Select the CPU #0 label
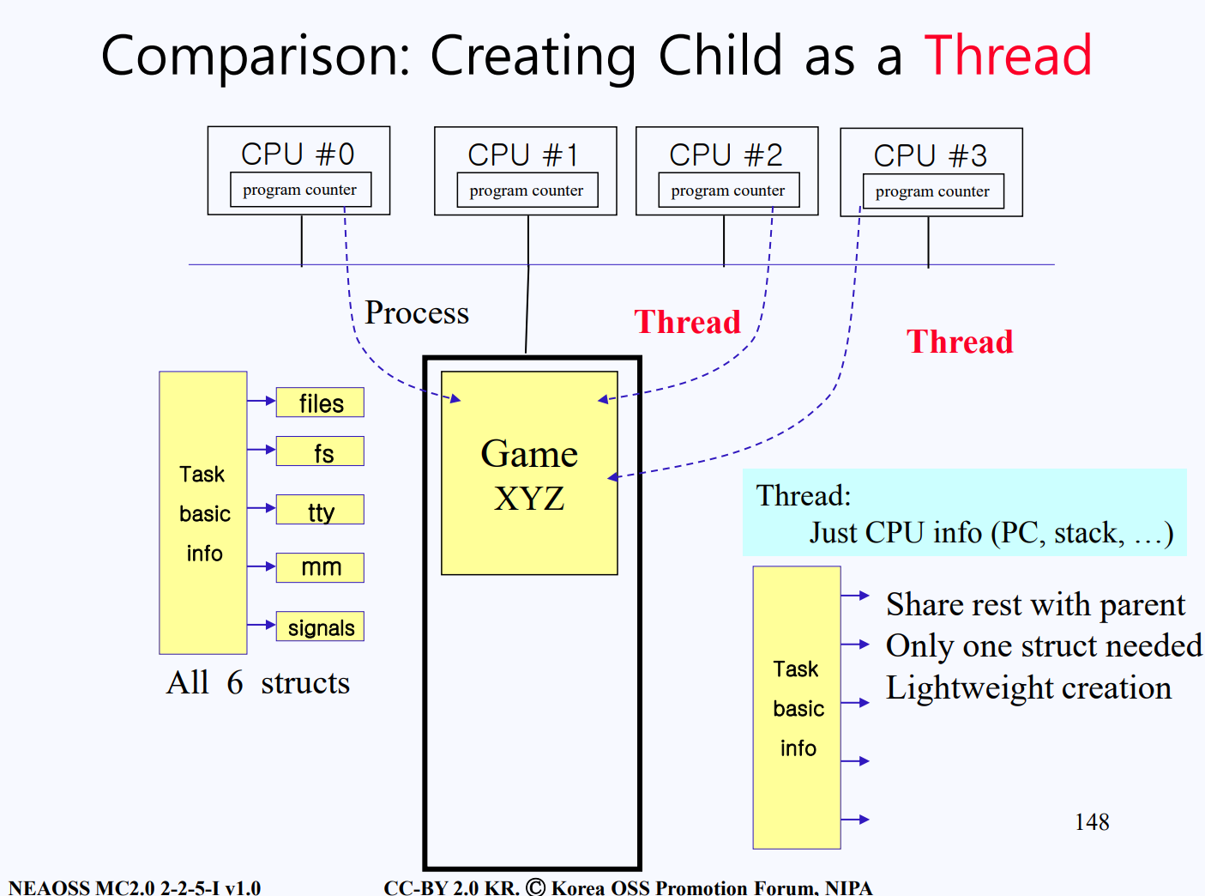click(298, 154)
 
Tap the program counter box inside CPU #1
click(527, 190)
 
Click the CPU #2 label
click(726, 155)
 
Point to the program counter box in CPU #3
click(933, 191)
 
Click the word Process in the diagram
click(417, 312)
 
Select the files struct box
click(320, 403)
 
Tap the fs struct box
click(320, 451)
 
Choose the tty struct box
click(320, 510)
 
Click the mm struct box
click(320, 567)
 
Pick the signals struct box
click(320, 627)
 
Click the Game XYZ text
click(529, 475)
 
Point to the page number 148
click(1092, 821)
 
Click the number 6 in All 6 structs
click(235, 682)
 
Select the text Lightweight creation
click(1028, 688)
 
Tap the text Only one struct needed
click(1044, 646)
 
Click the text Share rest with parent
click(1035, 604)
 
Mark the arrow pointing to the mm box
click(262, 566)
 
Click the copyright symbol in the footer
click(536, 887)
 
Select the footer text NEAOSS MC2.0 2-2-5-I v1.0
click(135, 887)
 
